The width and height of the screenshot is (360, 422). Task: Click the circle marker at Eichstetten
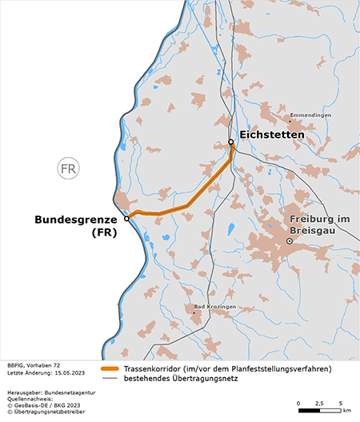pos(230,143)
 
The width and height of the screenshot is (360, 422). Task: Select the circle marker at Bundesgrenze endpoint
pos(126,218)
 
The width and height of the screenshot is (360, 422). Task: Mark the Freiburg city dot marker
pos(290,241)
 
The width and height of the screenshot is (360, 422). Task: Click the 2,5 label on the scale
pos(319,402)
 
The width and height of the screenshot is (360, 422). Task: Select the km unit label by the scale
pos(346,411)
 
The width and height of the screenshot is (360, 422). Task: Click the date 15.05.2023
pos(67,373)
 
